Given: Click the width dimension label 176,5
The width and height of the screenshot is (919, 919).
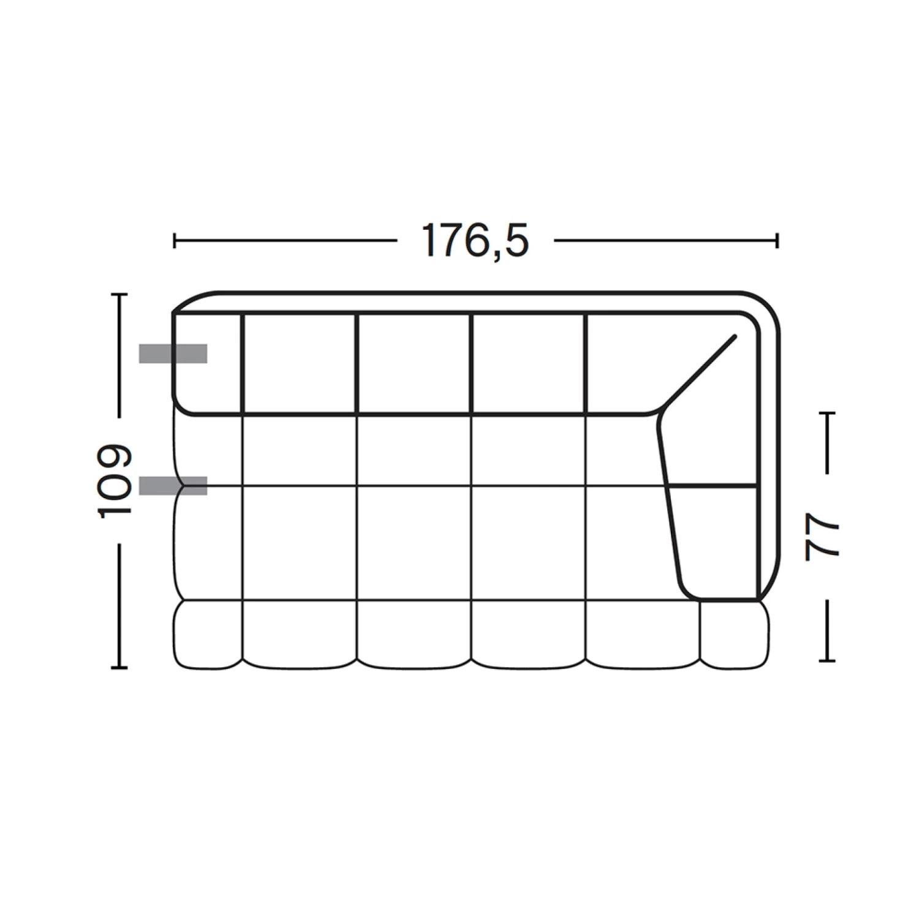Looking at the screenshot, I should point(475,241).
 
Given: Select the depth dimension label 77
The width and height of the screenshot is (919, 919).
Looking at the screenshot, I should point(822,537).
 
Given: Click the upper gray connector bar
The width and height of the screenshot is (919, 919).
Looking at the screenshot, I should point(173,354).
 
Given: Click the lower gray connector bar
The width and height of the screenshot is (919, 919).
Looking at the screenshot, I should point(173,485).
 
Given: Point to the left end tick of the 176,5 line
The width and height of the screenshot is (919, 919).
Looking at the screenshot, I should point(175,240).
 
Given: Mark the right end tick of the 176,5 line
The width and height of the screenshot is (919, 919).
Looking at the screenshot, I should point(777,240).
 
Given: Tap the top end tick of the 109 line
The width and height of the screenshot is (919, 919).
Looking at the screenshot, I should point(119,295).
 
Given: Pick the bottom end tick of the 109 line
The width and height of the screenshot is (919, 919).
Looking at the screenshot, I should point(119,667).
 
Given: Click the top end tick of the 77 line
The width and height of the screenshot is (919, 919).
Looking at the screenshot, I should point(827,414).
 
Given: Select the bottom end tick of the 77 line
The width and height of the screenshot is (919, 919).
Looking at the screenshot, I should point(827,660).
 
